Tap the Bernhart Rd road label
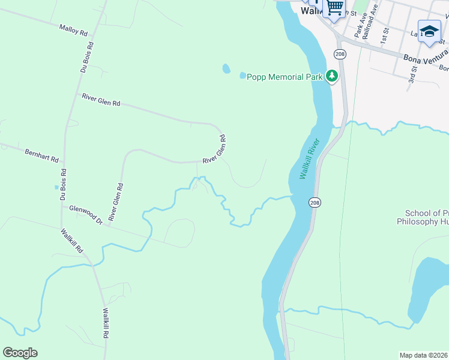[x=41, y=155]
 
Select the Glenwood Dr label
[x=86, y=214]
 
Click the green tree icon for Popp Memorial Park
[x=331, y=76]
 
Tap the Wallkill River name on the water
[x=310, y=158]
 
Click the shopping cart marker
[x=334, y=8]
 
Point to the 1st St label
[x=385, y=39]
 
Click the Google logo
[x=20, y=352]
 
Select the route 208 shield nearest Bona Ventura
[x=339, y=54]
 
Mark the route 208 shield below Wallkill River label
[x=315, y=203]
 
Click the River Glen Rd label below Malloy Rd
[x=101, y=100]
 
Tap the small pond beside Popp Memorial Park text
[x=243, y=76]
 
